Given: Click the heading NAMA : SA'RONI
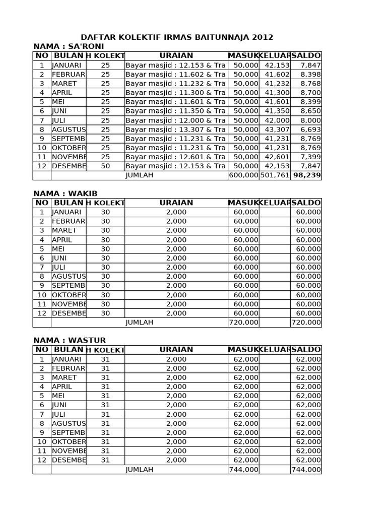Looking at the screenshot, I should (x=69, y=46).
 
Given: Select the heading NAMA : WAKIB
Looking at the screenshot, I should (x=66, y=193).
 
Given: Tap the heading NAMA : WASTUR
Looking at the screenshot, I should (x=70, y=341).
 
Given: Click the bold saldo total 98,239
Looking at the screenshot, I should (x=307, y=175).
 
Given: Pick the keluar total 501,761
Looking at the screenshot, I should (x=275, y=175).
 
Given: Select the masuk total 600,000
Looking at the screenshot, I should (x=244, y=175).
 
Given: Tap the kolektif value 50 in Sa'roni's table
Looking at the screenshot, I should (x=105, y=166).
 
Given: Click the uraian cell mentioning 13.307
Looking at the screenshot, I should (x=175, y=130).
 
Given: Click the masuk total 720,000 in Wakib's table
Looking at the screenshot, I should (x=244, y=322).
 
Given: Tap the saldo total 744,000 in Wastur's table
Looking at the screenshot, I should (x=306, y=470).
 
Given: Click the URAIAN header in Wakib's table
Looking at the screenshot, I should (x=176, y=203).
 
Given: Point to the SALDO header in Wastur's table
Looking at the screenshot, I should (x=306, y=350).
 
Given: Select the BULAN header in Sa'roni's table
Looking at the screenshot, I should (x=69, y=55).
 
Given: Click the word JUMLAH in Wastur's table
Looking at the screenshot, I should (x=140, y=470).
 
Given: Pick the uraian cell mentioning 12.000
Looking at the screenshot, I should (x=175, y=120).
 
